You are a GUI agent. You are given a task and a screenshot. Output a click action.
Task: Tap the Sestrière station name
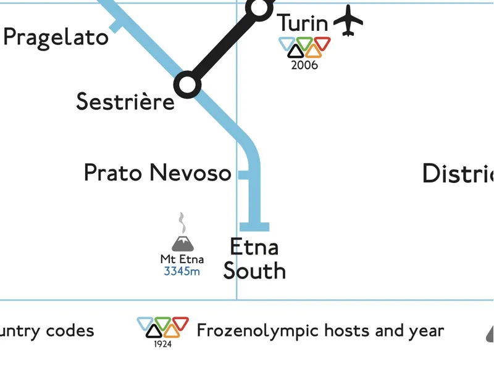125,102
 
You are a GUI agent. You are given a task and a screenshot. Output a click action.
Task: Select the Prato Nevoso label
157,173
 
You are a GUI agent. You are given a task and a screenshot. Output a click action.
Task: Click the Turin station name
302,23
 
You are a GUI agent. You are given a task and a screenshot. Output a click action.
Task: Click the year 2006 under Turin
304,65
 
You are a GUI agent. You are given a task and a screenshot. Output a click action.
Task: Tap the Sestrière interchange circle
187,84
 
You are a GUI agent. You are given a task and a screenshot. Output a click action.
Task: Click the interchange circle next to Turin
259,7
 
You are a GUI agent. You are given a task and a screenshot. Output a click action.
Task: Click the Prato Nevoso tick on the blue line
243,174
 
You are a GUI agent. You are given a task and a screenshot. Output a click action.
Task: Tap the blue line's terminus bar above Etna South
254,227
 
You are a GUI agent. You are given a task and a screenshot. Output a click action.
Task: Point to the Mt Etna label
182,259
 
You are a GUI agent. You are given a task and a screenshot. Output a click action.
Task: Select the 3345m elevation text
182,271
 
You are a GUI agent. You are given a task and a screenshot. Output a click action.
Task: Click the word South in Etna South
254,271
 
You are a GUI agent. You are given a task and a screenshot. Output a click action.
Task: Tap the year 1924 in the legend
163,344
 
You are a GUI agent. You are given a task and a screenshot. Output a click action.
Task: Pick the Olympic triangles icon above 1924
163,327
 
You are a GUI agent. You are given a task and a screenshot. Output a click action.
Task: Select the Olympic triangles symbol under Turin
304,47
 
